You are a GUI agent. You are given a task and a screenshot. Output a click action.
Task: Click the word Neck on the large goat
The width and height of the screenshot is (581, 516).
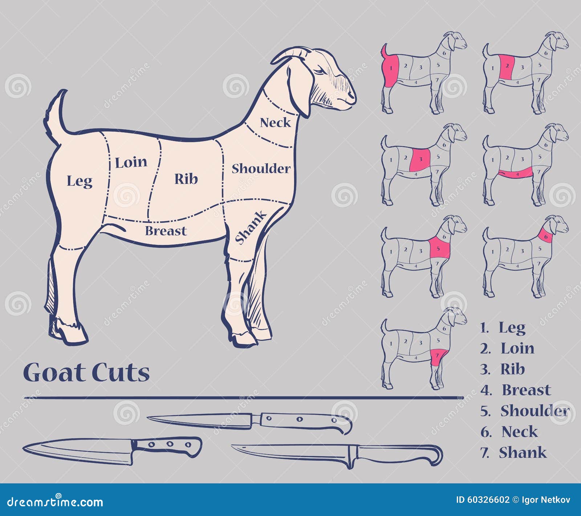tap(276, 123)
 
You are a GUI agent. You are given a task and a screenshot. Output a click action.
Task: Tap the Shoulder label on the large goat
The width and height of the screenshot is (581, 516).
tap(261, 169)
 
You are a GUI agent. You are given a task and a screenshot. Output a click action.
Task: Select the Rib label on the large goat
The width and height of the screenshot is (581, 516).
tap(186, 179)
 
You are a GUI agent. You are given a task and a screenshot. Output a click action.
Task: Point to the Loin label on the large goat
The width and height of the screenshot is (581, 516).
tap(131, 162)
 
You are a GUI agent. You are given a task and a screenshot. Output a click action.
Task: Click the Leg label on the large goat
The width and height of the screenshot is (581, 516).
tap(80, 181)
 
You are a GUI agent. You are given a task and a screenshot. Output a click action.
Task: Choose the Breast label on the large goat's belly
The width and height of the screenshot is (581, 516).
tap(166, 231)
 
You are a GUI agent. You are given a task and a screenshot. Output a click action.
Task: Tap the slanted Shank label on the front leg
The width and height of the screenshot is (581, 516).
tap(250, 228)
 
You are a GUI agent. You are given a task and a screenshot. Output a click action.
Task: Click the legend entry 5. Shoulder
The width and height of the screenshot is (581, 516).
tap(524, 411)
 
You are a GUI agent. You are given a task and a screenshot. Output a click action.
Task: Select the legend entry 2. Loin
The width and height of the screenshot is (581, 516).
tap(507, 348)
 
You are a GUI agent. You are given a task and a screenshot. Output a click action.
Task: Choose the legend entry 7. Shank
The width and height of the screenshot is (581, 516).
tap(513, 453)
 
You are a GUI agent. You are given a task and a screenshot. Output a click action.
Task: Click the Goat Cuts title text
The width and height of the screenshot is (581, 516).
tap(86, 372)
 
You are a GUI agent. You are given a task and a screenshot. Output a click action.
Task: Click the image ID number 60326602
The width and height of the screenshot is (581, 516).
tap(488, 500)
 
